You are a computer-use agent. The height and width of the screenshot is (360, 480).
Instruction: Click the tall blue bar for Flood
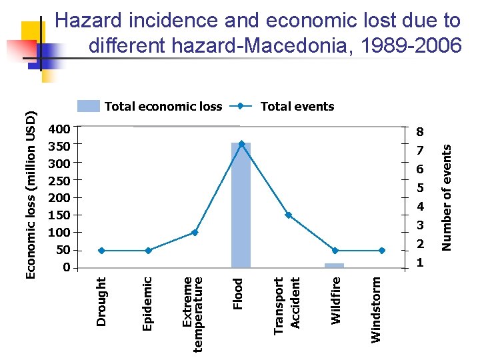(241, 207)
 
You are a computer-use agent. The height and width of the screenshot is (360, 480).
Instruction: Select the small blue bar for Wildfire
(334, 265)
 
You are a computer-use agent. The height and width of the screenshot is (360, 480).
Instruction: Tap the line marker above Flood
(241, 143)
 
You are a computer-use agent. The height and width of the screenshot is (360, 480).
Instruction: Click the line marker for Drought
(101, 251)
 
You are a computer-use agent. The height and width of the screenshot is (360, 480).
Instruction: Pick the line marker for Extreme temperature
(195, 233)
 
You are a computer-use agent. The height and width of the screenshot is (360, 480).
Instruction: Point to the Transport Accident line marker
(288, 215)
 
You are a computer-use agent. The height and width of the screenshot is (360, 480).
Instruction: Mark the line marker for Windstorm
(381, 251)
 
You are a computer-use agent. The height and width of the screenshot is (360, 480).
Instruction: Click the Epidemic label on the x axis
(148, 304)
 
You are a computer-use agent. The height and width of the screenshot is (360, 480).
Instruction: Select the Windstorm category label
(376, 310)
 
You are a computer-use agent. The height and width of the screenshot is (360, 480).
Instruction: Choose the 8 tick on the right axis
(420, 132)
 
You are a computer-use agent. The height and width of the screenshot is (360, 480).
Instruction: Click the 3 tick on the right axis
(420, 225)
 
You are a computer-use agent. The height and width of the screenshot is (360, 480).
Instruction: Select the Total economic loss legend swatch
(89, 106)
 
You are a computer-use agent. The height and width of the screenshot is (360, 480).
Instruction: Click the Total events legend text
(297, 107)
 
